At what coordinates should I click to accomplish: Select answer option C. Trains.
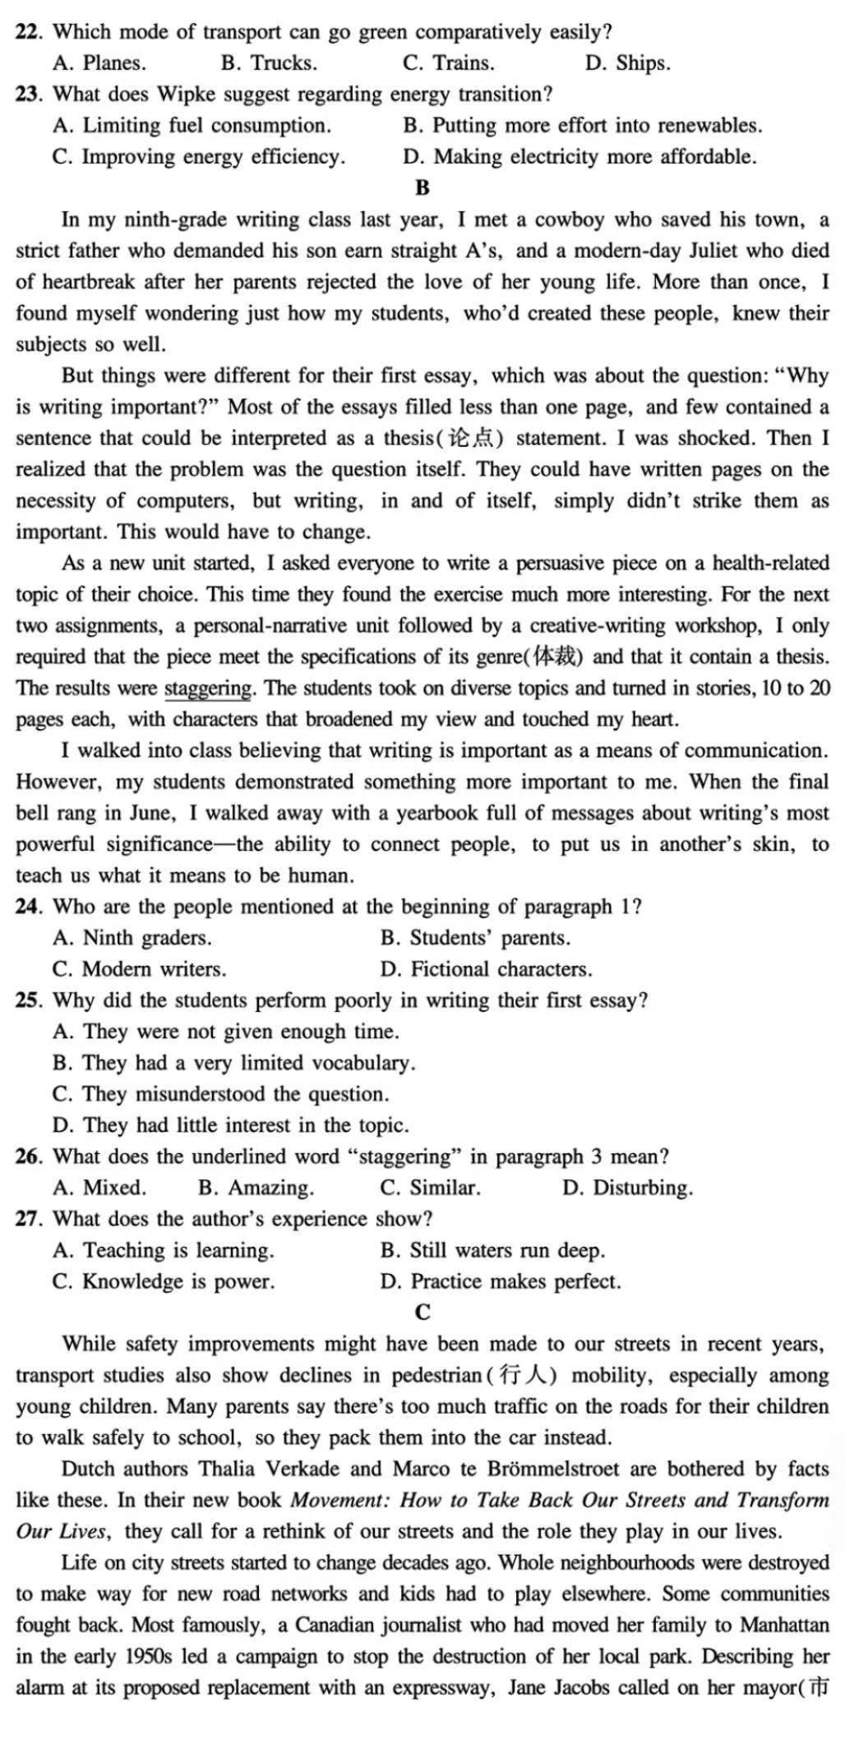(x=449, y=64)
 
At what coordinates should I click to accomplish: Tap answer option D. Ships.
(x=627, y=64)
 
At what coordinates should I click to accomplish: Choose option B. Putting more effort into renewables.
(x=583, y=126)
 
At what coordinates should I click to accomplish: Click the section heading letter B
(x=422, y=189)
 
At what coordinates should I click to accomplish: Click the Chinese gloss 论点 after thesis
(x=472, y=439)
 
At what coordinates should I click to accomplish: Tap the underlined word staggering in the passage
(x=208, y=688)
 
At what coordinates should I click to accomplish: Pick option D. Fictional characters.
(x=486, y=970)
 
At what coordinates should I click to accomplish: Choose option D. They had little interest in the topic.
(x=231, y=1126)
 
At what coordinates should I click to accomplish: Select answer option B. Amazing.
(x=256, y=1189)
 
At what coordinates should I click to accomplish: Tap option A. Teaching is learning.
(x=164, y=1251)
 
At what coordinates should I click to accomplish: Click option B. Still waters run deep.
(x=492, y=1251)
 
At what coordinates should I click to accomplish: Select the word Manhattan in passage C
(x=784, y=1626)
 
